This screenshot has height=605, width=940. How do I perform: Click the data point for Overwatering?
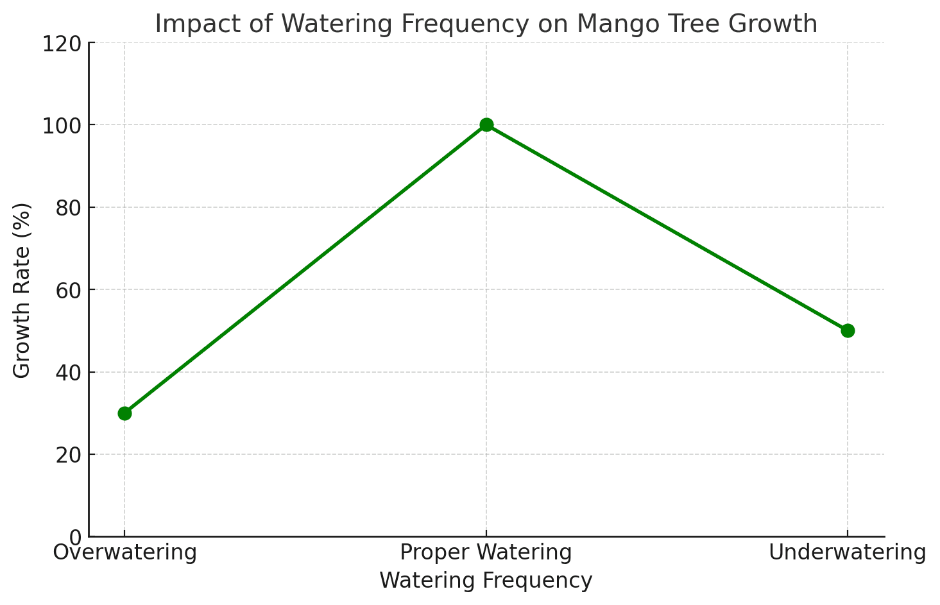[124, 413]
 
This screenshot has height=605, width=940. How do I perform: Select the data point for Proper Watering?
[486, 124]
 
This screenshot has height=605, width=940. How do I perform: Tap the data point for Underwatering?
[848, 330]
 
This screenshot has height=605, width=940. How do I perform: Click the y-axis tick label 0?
[75, 537]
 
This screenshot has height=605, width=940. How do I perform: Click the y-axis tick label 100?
[63, 125]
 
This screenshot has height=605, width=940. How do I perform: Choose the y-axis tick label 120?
[63, 43]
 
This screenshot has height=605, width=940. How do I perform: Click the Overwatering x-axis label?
[124, 552]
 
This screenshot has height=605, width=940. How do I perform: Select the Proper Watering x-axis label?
[486, 552]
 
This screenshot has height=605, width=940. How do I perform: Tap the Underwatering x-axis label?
[848, 552]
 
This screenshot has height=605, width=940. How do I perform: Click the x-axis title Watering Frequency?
[486, 581]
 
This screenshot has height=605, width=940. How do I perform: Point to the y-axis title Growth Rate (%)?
[22, 290]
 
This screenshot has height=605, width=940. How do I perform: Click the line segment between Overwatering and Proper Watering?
[305, 269]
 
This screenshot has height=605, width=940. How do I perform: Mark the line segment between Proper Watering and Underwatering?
[667, 228]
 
